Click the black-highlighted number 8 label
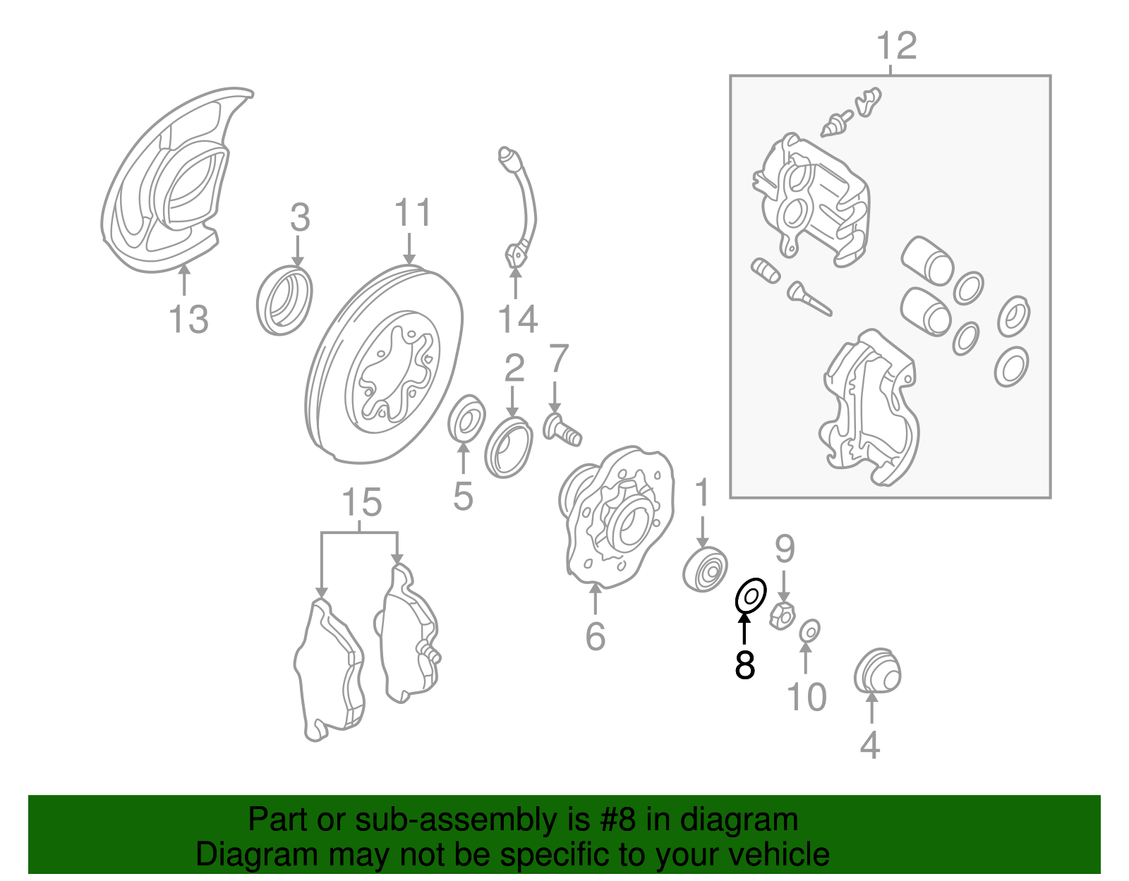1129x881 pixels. [744, 664]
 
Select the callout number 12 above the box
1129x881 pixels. [896, 46]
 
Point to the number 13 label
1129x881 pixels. [188, 320]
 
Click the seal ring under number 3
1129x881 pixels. [284, 300]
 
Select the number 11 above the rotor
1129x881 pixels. [412, 213]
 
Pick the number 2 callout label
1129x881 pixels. [514, 368]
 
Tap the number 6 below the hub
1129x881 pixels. [595, 636]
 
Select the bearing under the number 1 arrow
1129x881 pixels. [706, 569]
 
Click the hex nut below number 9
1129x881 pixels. [783, 615]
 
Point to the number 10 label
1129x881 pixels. [806, 697]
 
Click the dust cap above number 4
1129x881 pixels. [877, 671]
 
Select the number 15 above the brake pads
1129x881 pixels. [361, 503]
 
